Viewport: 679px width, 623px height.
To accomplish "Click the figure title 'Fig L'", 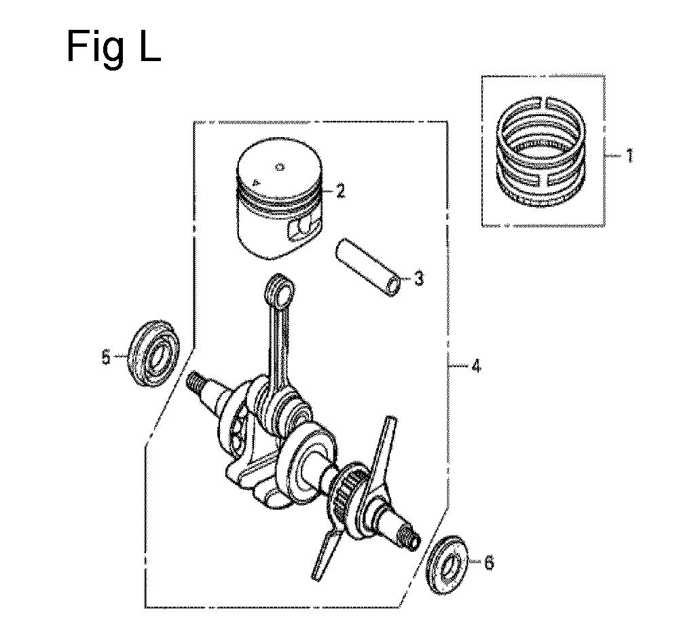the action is point(114,48).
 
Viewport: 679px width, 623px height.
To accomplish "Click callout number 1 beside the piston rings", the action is point(629,155).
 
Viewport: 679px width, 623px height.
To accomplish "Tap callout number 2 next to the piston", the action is point(340,191).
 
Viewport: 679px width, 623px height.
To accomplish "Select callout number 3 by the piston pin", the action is point(418,278).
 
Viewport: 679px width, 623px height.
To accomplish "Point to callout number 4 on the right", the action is point(475,366).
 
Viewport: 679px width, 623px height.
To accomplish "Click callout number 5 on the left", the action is point(107,357).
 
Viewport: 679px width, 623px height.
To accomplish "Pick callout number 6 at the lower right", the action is point(488,563).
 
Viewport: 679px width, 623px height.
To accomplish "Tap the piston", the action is point(279,199).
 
